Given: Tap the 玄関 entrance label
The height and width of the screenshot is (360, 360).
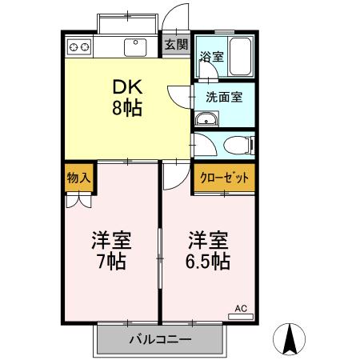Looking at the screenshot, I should point(176,45).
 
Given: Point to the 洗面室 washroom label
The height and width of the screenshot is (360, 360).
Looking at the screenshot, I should point(224,97).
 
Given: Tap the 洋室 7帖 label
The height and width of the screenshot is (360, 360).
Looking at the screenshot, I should point(110,250).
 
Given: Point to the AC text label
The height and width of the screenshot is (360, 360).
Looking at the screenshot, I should point(241,307).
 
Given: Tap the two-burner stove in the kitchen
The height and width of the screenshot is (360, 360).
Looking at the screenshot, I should point(78,47).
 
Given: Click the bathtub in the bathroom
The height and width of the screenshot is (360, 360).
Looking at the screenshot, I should point(240,58).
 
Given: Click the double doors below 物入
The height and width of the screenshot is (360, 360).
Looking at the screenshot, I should point(78,201).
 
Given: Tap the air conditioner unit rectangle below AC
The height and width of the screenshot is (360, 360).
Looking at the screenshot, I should point(241,317).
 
